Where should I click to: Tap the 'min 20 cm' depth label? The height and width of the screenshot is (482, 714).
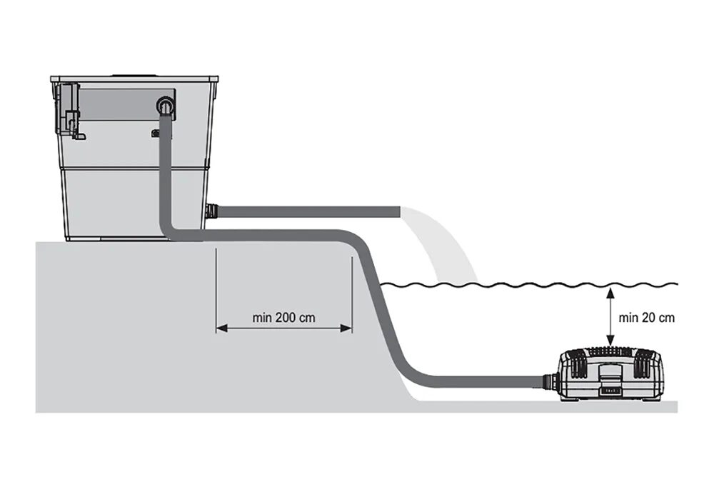click(x=646, y=318)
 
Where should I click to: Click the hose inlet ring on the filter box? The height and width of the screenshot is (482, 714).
click(x=166, y=107)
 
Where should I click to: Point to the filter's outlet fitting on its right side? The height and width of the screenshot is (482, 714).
click(x=211, y=211)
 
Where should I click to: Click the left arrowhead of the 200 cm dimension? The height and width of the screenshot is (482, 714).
click(x=220, y=328)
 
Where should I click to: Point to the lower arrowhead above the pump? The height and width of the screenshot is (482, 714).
click(x=609, y=341)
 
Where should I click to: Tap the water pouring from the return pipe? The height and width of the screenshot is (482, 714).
click(x=443, y=243)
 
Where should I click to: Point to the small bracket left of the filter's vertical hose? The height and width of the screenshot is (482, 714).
click(x=155, y=132)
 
